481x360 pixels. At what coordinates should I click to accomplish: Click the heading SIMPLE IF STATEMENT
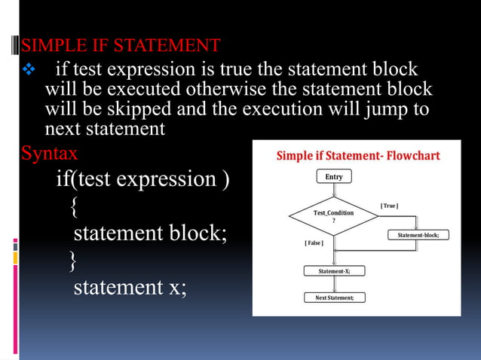coord(121,46)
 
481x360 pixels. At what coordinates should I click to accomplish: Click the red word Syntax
coord(49,154)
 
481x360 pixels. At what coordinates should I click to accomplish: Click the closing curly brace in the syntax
coord(72,261)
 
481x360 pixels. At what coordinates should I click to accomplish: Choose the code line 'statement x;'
coord(129,287)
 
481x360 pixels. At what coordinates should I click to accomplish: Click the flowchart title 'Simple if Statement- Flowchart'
coord(358,156)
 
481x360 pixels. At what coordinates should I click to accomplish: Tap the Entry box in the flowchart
coord(334,176)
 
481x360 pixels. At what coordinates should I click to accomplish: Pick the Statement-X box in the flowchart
coord(334,271)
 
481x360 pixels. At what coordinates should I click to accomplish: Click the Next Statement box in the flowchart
coord(334,297)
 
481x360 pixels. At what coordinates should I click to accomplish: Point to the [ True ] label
coord(389,206)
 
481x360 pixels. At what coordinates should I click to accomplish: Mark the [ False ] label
coord(314,243)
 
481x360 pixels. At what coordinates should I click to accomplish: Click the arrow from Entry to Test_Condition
coord(334,190)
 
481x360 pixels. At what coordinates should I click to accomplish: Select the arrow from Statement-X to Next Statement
coord(334,285)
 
